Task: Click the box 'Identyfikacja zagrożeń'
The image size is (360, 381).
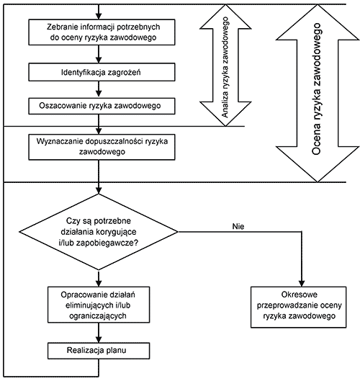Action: point(102,72)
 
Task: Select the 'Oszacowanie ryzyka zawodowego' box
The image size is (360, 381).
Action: point(102,106)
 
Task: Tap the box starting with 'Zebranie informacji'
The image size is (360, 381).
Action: point(102,32)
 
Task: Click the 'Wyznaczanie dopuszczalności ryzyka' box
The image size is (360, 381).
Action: point(102,147)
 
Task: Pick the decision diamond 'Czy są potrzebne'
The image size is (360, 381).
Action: point(99,232)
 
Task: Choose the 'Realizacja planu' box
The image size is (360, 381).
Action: point(99,351)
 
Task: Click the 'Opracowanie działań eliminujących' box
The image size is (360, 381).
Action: point(99,305)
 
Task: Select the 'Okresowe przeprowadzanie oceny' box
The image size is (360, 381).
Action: point(299,307)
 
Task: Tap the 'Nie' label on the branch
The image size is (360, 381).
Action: point(238,226)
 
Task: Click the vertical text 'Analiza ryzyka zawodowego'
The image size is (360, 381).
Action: point(225,67)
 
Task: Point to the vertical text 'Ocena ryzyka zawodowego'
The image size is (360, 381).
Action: point(316,89)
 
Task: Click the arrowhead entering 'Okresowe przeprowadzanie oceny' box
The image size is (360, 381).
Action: point(302,284)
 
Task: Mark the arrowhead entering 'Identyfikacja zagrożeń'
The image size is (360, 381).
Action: point(99,60)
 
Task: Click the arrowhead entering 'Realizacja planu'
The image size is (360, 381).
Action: point(99,339)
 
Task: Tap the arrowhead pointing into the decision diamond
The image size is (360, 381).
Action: point(99,190)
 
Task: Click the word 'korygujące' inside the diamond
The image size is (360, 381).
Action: point(116,232)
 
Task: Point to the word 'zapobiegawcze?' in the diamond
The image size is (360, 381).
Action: point(107,243)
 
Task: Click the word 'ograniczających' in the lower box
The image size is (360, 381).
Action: point(98,316)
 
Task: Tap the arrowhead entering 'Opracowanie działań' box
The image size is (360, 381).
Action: point(99,284)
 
